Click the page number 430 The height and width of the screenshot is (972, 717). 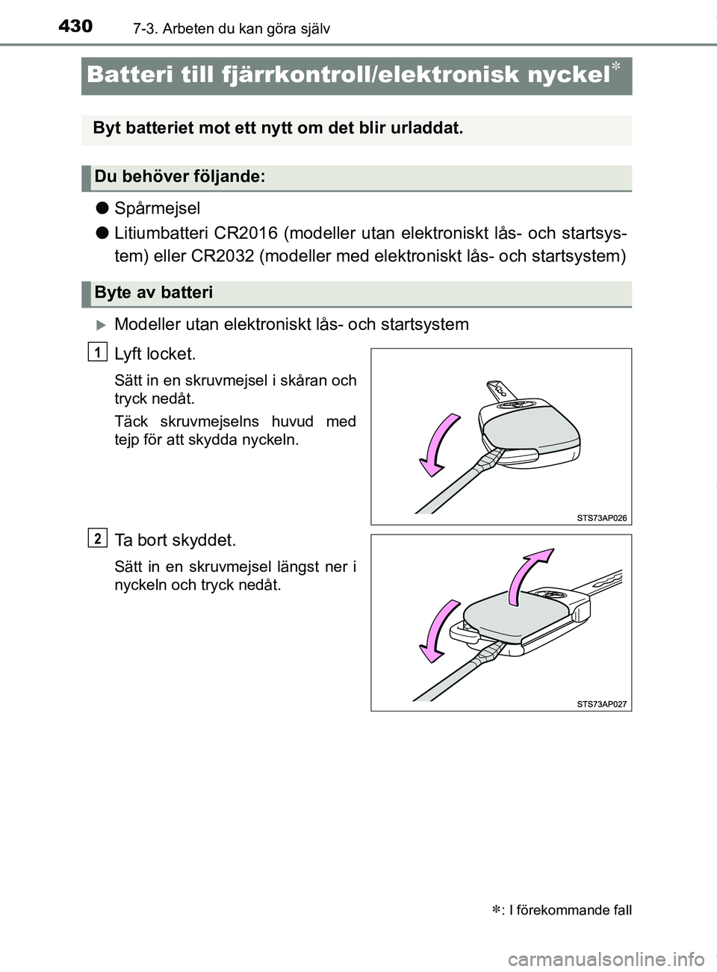tap(75, 27)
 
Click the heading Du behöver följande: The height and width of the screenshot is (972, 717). tap(179, 177)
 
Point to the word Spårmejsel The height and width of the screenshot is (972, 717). tap(158, 208)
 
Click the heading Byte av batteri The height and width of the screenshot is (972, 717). tap(154, 293)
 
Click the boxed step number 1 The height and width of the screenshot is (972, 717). tap(97, 351)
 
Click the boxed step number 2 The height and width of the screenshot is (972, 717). tap(97, 537)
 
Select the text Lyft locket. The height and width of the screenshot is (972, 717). tap(155, 354)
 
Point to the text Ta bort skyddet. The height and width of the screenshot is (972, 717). tap(175, 540)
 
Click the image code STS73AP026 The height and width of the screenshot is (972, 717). tap(601, 517)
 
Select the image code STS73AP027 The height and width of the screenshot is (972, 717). tap(601, 703)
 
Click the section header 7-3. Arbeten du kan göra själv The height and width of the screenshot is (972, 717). tap(231, 29)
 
